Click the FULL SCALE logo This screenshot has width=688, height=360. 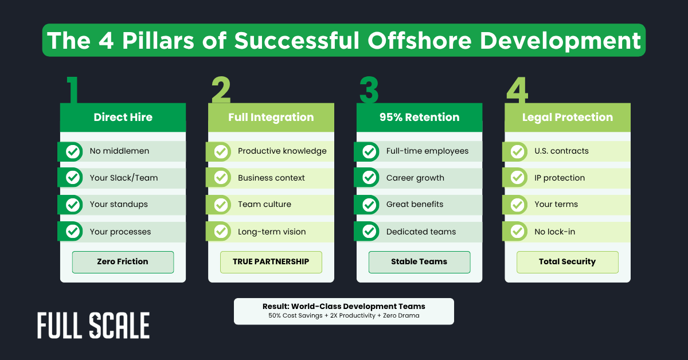coord(93,326)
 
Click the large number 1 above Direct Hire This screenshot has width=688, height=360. coord(72,91)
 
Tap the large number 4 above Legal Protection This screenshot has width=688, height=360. coord(517,91)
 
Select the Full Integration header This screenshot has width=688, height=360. coord(271,118)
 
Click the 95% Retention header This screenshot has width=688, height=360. coord(419,118)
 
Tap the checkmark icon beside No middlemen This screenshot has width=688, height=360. coord(73,151)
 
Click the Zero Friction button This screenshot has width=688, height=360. coord(123,262)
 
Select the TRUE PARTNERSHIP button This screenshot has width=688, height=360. coord(271,262)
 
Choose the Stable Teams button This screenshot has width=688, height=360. coord(419,262)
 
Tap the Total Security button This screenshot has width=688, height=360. coord(567,262)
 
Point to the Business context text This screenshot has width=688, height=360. coord(271,178)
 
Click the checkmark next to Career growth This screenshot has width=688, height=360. coord(370,178)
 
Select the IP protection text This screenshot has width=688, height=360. coord(556,178)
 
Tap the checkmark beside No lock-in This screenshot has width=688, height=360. coord(518,232)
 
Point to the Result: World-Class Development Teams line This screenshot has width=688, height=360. coord(343,307)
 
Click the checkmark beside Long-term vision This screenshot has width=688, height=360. coord(221,232)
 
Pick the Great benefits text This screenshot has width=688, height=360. coord(415,205)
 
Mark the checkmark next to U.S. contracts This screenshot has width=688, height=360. coord(518,151)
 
